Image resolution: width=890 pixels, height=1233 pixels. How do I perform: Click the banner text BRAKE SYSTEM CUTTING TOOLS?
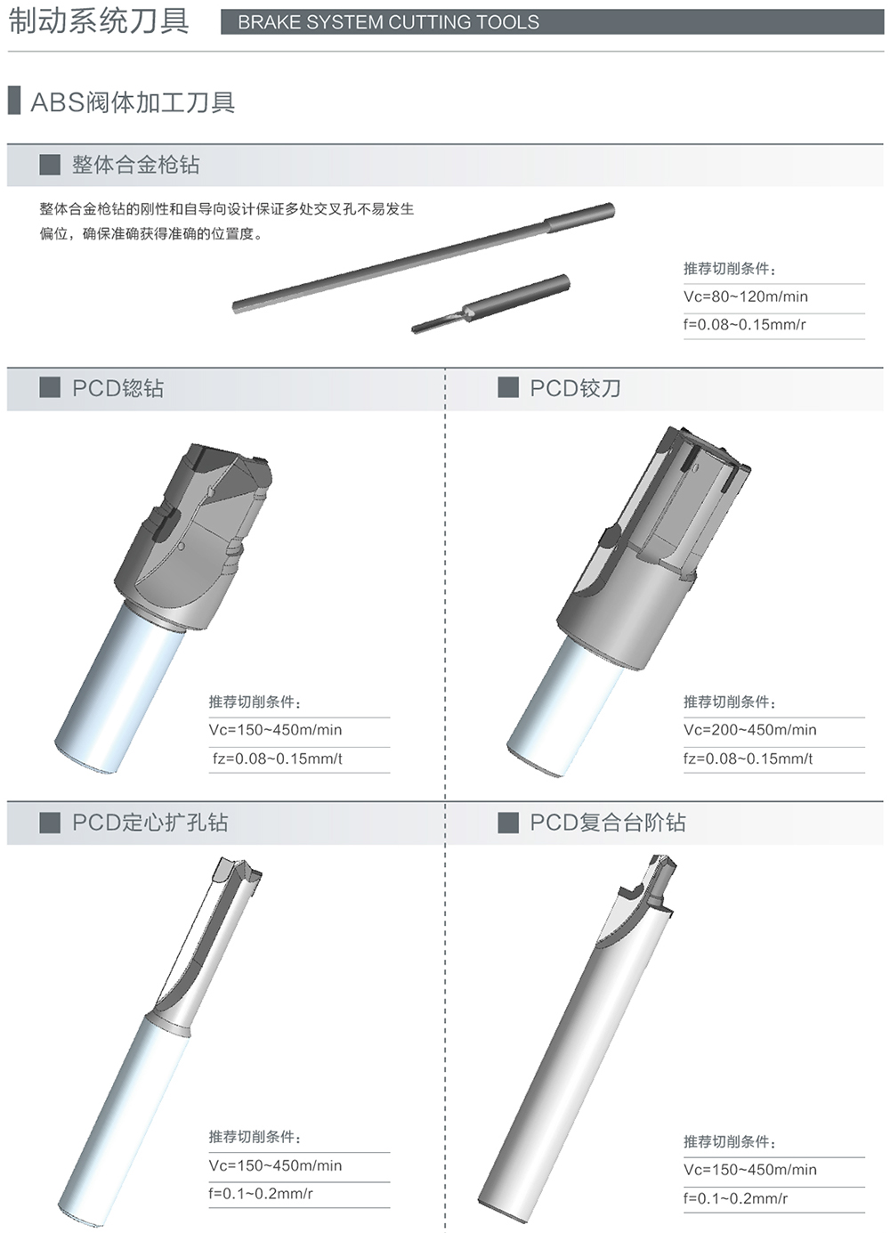pyautogui.click(x=388, y=22)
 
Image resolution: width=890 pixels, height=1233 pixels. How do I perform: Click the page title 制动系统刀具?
pyautogui.click(x=99, y=20)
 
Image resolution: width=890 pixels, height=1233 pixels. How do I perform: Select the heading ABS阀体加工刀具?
pyautogui.click(x=133, y=101)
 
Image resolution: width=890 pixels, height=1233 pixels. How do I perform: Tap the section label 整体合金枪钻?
pyautogui.click(x=135, y=165)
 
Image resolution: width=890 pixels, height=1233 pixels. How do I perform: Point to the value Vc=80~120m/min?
pyautogui.click(x=746, y=296)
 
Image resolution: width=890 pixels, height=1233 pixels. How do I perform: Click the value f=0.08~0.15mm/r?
pyautogui.click(x=745, y=324)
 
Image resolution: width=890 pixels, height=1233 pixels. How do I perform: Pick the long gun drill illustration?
pyautogui.click(x=424, y=257)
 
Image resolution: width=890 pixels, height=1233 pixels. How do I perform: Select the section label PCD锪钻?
pyautogui.click(x=117, y=388)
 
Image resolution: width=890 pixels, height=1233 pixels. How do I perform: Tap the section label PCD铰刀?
pyautogui.click(x=575, y=388)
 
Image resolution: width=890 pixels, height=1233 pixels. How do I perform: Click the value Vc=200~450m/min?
pyautogui.click(x=750, y=730)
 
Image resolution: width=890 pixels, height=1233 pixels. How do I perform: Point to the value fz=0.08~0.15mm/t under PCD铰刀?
pyautogui.click(x=748, y=758)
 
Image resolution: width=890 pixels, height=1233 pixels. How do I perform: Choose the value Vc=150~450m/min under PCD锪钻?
pyautogui.click(x=275, y=730)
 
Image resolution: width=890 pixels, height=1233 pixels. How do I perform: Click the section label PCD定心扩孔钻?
pyautogui.click(x=150, y=823)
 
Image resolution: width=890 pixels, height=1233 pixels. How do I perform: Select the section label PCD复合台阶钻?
pyautogui.click(x=608, y=823)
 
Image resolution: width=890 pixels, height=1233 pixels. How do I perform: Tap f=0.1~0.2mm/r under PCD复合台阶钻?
pyautogui.click(x=735, y=1198)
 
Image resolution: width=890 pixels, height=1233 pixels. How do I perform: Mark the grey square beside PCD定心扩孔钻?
pyautogui.click(x=50, y=823)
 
